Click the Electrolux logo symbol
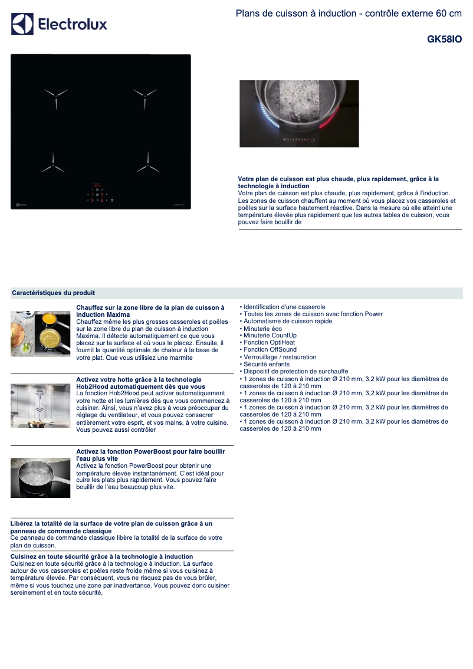(x=22, y=24)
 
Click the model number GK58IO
(x=444, y=40)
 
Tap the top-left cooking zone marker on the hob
(x=55, y=94)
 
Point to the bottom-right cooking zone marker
(x=147, y=166)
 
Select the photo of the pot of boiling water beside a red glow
(x=299, y=114)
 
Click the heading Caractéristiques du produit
(x=54, y=293)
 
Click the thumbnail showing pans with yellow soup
(x=40, y=333)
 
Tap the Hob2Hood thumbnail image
(x=40, y=405)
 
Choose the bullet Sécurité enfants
(x=267, y=365)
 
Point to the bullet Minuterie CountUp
(x=270, y=336)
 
